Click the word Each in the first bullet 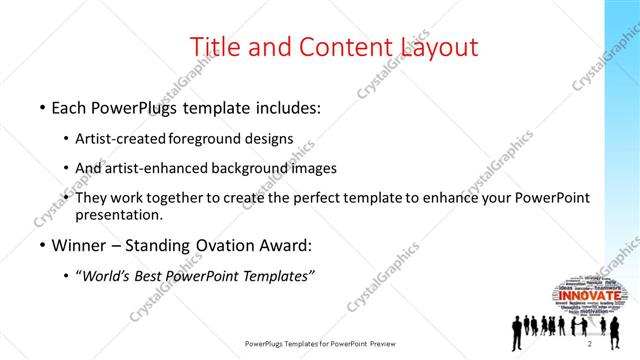[x=72, y=106]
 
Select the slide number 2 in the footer [x=590, y=344]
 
